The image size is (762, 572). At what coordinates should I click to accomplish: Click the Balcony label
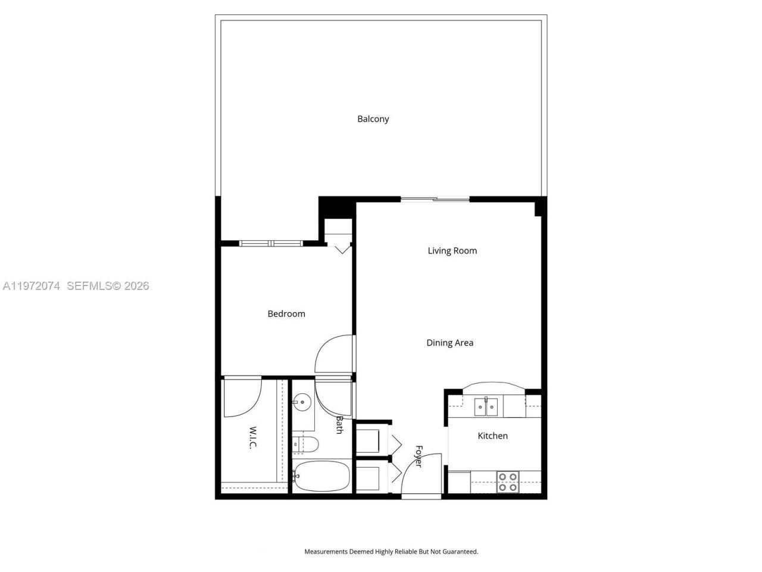[x=373, y=119]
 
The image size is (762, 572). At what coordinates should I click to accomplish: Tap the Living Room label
[x=452, y=251]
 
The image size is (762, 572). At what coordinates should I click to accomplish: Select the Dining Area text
[x=449, y=343]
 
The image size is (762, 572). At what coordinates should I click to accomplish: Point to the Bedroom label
[x=286, y=314]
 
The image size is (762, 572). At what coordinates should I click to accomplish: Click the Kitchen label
[x=492, y=436]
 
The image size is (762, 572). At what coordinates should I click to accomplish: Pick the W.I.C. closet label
[x=253, y=437]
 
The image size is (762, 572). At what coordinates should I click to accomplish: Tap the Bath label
[x=339, y=425]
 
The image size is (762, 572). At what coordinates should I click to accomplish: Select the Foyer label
[x=419, y=456]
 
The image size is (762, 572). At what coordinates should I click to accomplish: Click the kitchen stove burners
[x=508, y=481]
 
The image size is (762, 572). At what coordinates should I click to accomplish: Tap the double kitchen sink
[x=486, y=407]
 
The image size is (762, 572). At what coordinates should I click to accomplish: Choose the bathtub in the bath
[x=322, y=477]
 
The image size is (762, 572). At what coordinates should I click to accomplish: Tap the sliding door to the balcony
[x=435, y=199]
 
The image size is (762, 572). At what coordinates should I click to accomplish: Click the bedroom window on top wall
[x=271, y=243]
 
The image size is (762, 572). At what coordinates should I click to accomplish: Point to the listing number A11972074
[x=32, y=286]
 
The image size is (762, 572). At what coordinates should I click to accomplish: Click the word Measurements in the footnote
[x=326, y=552]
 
